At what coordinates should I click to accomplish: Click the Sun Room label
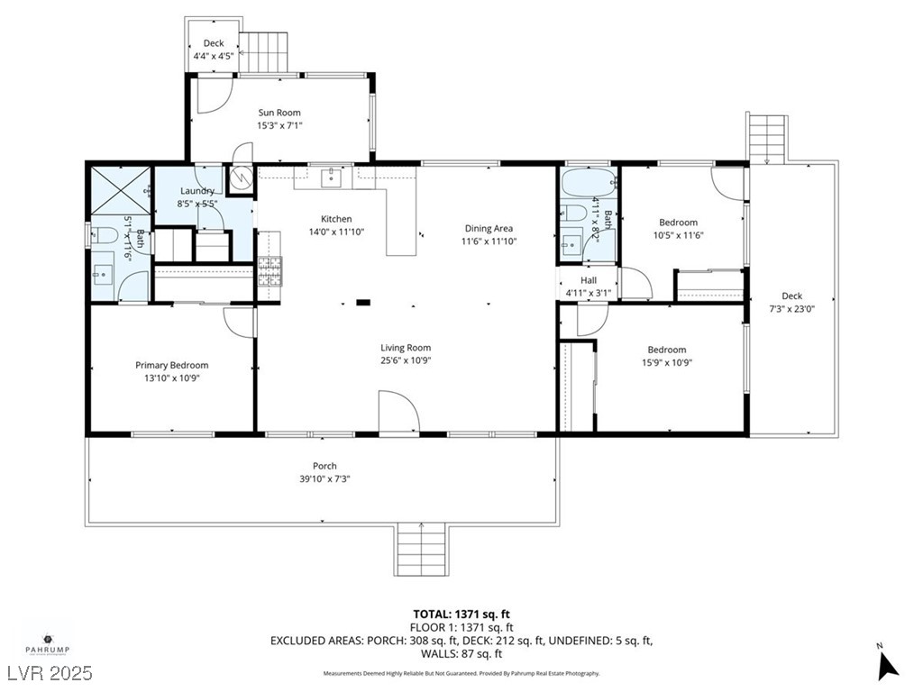click(x=279, y=113)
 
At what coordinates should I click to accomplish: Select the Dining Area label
click(x=489, y=228)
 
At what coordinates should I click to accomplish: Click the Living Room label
click(x=405, y=348)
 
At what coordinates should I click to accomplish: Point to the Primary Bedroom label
click(x=171, y=365)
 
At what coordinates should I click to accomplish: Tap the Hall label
click(x=588, y=280)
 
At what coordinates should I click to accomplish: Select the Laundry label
click(x=196, y=191)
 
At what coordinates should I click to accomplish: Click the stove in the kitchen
click(x=270, y=271)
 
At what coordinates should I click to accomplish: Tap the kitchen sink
click(x=331, y=177)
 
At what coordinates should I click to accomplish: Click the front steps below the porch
click(x=421, y=551)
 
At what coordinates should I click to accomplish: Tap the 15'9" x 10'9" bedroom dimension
click(x=667, y=363)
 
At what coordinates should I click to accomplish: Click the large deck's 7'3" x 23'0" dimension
click(x=791, y=309)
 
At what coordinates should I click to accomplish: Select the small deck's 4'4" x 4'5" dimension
click(x=214, y=56)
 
